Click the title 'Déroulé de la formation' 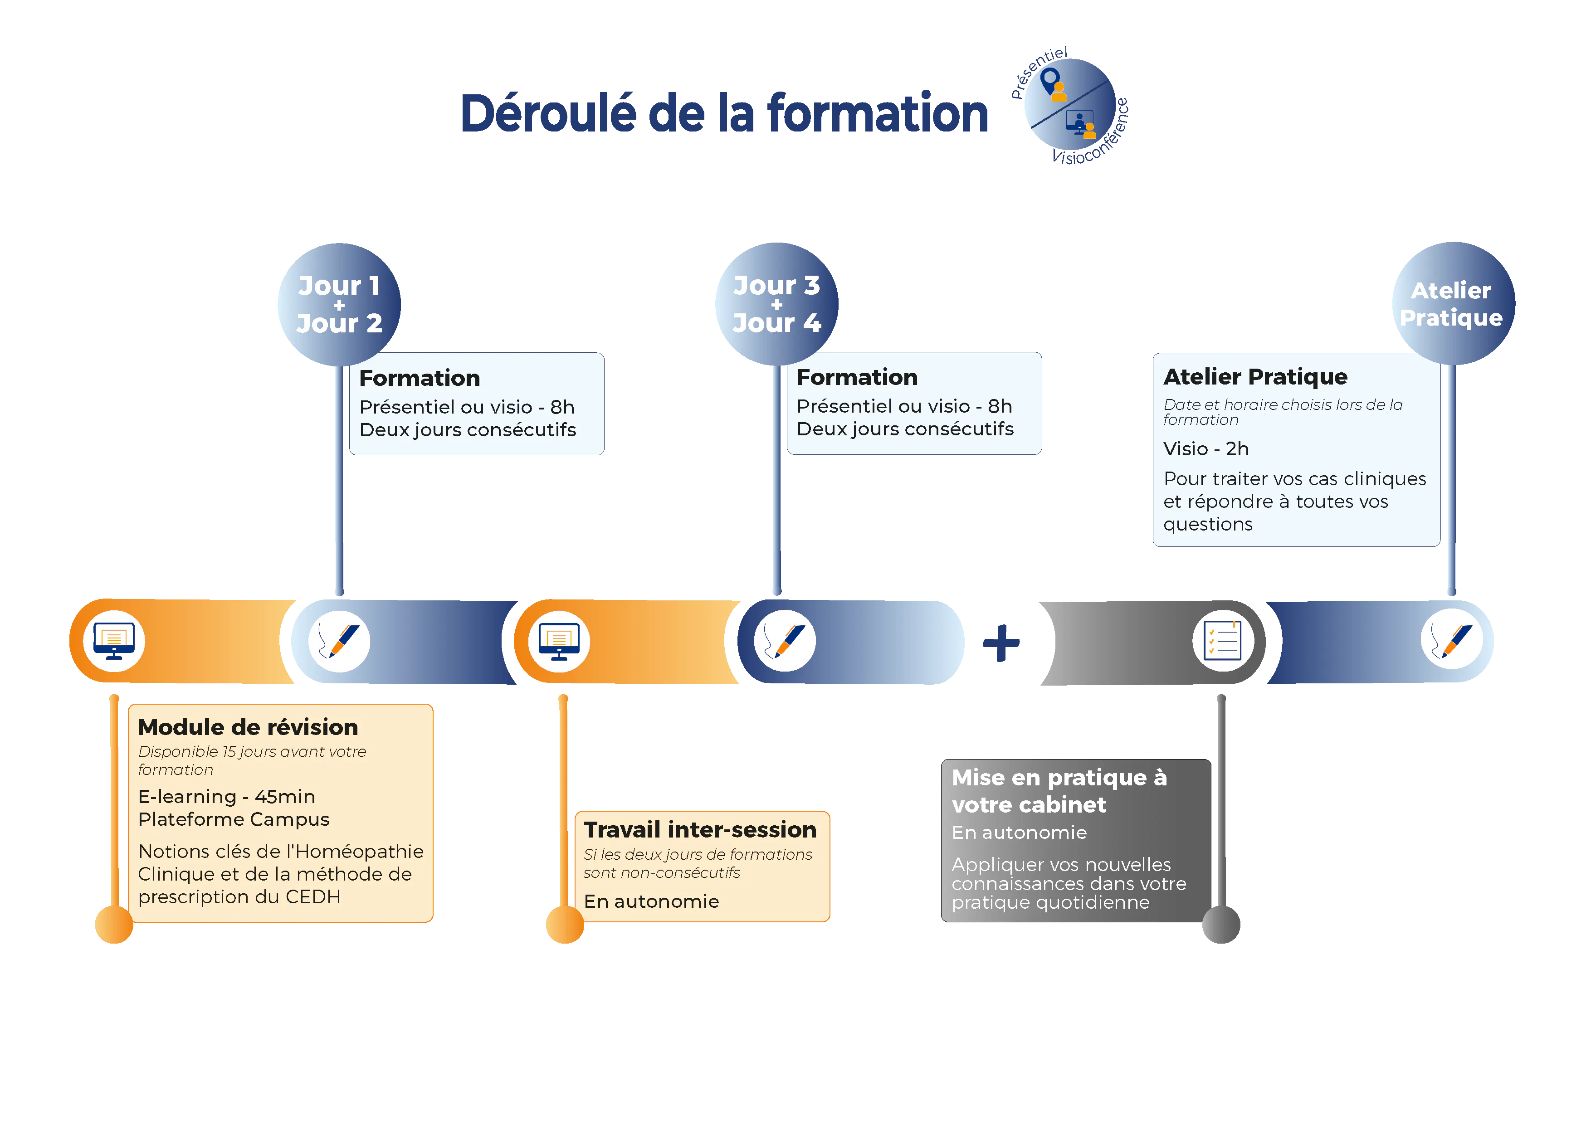click(x=725, y=114)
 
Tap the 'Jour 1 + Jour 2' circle click(x=339, y=304)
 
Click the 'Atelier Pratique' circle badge click(x=1452, y=303)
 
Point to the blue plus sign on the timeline click(x=1001, y=643)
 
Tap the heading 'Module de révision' click(x=248, y=727)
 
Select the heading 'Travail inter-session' click(x=700, y=830)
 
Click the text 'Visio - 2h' click(x=1206, y=449)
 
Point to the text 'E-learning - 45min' click(x=227, y=797)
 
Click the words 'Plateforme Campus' click(x=234, y=819)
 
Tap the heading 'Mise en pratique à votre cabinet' click(x=1059, y=790)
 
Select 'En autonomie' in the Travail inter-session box click(x=651, y=901)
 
